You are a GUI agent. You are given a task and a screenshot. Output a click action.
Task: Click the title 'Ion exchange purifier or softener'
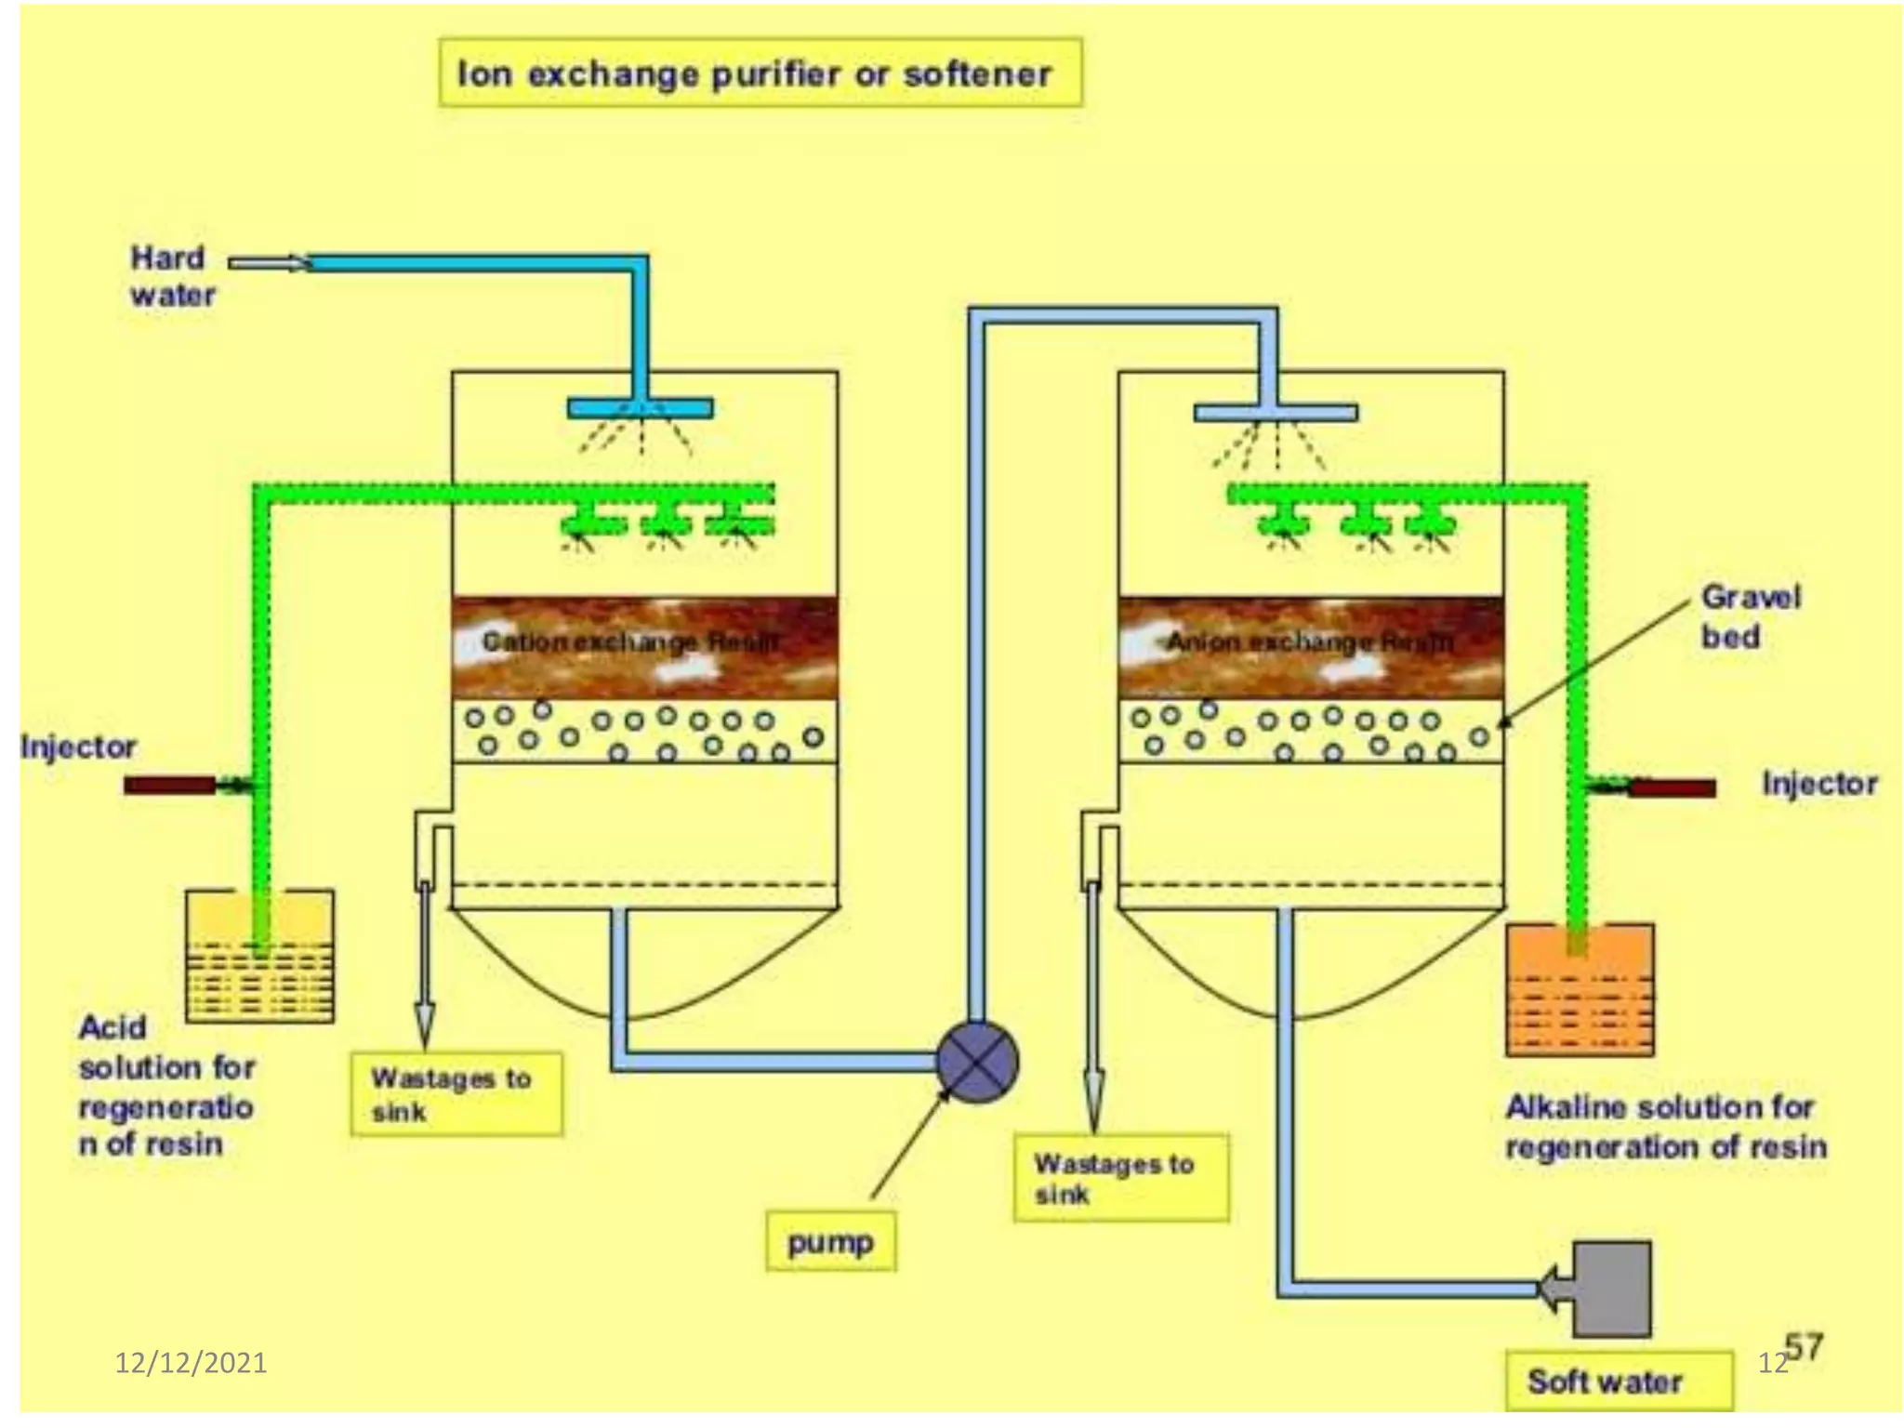tap(758, 73)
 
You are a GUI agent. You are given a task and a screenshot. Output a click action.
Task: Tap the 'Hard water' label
tap(172, 276)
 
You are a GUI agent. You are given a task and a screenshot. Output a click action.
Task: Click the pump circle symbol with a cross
tap(977, 1061)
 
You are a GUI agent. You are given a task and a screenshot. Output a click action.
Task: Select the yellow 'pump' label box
tap(830, 1241)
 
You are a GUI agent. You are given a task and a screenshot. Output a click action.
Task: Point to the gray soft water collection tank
tap(1611, 1289)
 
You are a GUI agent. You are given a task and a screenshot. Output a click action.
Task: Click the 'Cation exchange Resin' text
tap(630, 641)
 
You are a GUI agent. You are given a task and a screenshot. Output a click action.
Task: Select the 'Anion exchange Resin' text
tap(1309, 641)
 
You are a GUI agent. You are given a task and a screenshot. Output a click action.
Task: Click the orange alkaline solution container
tap(1579, 991)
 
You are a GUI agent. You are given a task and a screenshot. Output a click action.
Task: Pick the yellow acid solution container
tap(259, 957)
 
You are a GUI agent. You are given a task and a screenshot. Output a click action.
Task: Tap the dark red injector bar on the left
tap(169, 786)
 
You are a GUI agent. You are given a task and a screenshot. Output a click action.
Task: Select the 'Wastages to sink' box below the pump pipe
tap(1119, 1177)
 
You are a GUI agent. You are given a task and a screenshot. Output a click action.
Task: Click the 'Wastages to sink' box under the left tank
tap(456, 1094)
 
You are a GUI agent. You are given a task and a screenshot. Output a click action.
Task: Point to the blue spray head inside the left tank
tap(641, 407)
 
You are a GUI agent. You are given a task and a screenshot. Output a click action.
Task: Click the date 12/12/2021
tap(191, 1363)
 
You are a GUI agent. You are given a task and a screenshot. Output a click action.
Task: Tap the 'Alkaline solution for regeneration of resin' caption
tap(1664, 1127)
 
